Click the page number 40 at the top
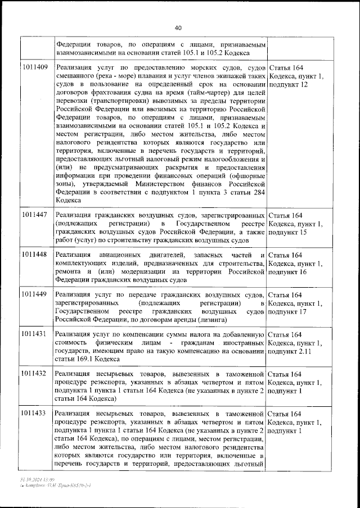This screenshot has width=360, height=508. point(178,28)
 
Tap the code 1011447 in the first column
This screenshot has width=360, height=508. point(35,216)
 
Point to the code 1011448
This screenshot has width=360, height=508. point(35,256)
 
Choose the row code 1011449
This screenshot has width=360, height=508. point(35,295)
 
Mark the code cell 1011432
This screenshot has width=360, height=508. point(35,374)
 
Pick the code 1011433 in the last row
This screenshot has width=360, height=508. point(35,414)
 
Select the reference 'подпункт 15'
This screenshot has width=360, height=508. point(289,233)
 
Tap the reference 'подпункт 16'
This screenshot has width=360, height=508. point(289,272)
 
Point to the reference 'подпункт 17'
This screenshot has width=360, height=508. point(289,311)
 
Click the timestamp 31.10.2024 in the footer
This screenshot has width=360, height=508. point(30,493)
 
